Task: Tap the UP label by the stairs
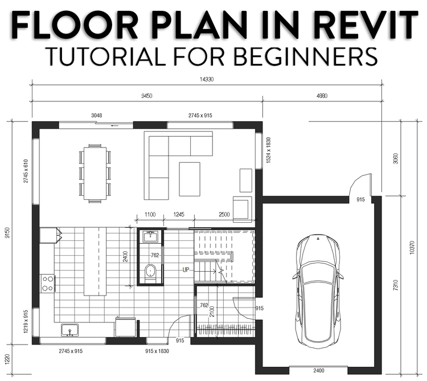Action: pos(186,269)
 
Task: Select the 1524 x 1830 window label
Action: pos(268,150)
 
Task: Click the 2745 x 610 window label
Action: pos(26,171)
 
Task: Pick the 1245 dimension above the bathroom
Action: pos(179,215)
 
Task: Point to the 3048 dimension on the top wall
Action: pos(97,116)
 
